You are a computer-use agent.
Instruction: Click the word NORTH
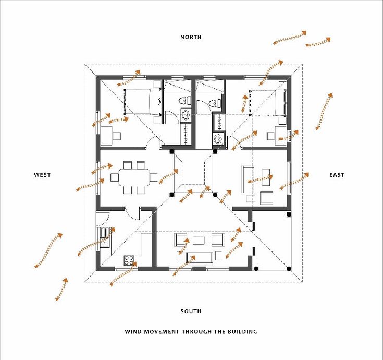coord(191,37)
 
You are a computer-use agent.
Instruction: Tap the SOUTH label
coord(191,311)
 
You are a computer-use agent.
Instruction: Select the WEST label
coord(42,175)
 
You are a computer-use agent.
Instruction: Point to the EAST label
coord(337,175)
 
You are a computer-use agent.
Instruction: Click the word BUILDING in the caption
coord(241,332)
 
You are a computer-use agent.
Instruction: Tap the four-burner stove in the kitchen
coord(128,259)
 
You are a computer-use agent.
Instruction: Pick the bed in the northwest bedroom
coord(142,101)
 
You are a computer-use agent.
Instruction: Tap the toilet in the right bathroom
coord(214,103)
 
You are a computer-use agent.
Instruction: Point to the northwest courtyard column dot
coord(172,152)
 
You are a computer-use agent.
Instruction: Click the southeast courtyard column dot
coord(215,195)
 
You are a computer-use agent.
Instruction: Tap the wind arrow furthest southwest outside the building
coord(61,290)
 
